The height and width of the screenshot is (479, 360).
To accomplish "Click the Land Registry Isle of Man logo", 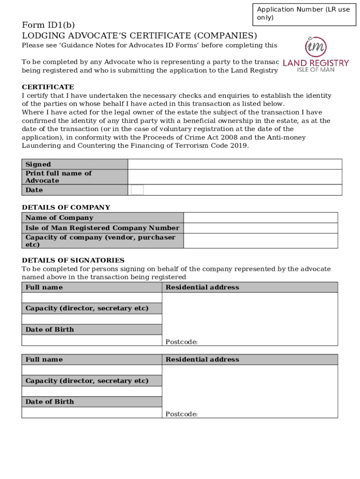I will point(316,54).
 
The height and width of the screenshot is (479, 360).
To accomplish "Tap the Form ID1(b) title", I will point(48,25).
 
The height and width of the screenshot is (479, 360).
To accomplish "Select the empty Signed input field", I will point(235,164).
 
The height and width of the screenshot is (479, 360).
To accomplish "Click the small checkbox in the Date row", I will point(137,190).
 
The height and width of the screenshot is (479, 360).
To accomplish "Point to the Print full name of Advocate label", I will point(58,177).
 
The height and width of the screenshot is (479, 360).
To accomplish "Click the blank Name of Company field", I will point(260,218).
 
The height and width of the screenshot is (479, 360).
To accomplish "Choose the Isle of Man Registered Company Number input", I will point(260,228).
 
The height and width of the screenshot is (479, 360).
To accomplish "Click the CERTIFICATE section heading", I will point(48,87).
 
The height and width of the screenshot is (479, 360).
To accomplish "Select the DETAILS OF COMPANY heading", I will point(66,207).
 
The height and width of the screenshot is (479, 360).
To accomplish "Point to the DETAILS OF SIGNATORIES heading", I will point(73,260).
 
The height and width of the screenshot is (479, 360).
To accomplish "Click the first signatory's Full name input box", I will point(92,298).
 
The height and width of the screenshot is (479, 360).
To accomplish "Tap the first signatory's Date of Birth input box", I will point(92,340).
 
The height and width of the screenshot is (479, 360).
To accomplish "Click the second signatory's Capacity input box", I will point(92,391).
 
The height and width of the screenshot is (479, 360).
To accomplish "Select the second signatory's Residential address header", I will point(202,359).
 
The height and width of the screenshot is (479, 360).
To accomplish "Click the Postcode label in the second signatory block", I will point(181,414).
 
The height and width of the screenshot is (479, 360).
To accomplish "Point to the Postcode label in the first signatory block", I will point(181,342).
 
